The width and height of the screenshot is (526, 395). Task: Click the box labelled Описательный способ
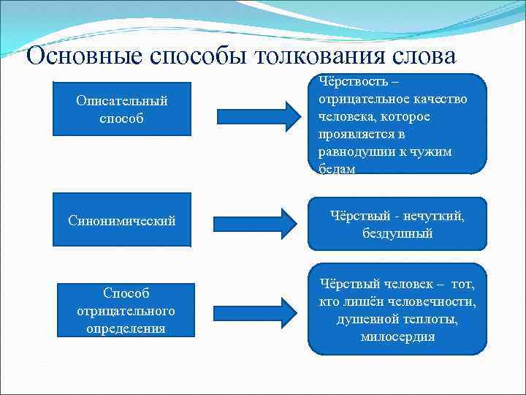tap(122, 108)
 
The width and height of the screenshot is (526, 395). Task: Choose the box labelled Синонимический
tap(122, 220)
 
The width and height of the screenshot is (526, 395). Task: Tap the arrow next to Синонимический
tap(251, 221)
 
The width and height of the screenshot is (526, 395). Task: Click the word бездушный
tap(397, 234)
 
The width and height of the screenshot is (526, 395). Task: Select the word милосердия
tap(397, 337)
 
